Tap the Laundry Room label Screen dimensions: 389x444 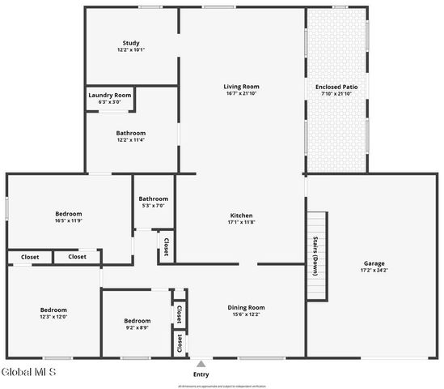[109, 95]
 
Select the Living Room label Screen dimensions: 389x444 [241, 87]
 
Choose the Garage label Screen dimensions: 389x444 [374, 263]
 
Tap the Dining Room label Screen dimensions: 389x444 [246, 308]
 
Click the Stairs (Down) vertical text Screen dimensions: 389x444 [315, 256]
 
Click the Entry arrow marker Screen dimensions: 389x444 [201, 363]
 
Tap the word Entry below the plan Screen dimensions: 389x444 [201, 374]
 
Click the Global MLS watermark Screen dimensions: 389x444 [29, 373]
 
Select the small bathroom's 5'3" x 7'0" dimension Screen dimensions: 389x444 [153, 206]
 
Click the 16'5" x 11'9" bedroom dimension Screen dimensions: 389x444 [69, 220]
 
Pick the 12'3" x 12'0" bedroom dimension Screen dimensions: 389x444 [53, 316]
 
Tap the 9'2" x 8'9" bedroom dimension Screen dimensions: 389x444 [137, 327]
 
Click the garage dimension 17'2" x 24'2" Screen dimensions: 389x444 [374, 270]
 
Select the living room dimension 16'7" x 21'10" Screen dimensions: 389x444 [241, 93]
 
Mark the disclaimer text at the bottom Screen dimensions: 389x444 [222, 386]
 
